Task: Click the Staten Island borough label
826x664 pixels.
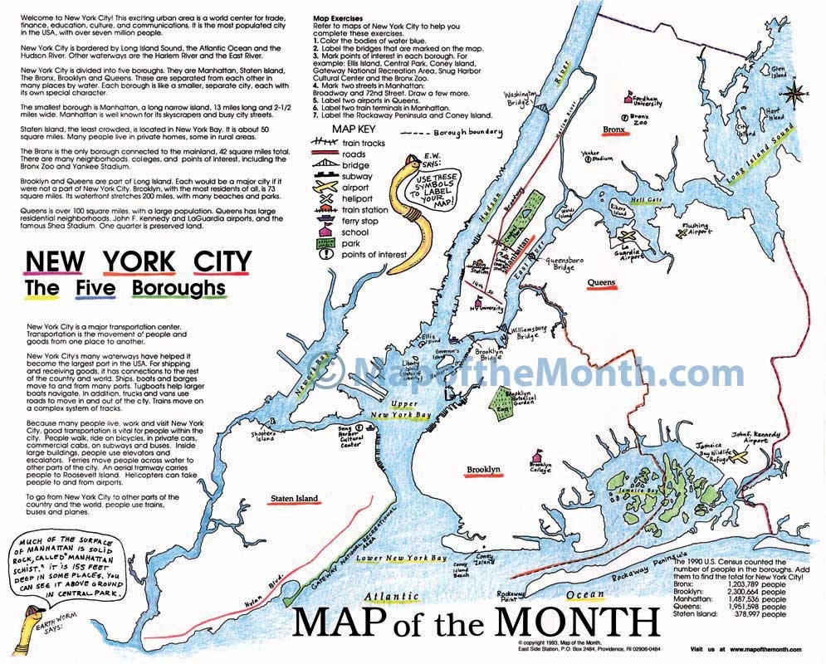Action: point(294,499)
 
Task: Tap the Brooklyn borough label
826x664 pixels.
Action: point(483,471)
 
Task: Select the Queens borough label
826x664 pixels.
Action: point(602,283)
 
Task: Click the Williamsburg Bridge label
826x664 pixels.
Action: point(528,333)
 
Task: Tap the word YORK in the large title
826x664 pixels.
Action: point(139,261)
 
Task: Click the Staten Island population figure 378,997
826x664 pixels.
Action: point(748,614)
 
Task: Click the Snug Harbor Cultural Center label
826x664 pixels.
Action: point(350,437)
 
